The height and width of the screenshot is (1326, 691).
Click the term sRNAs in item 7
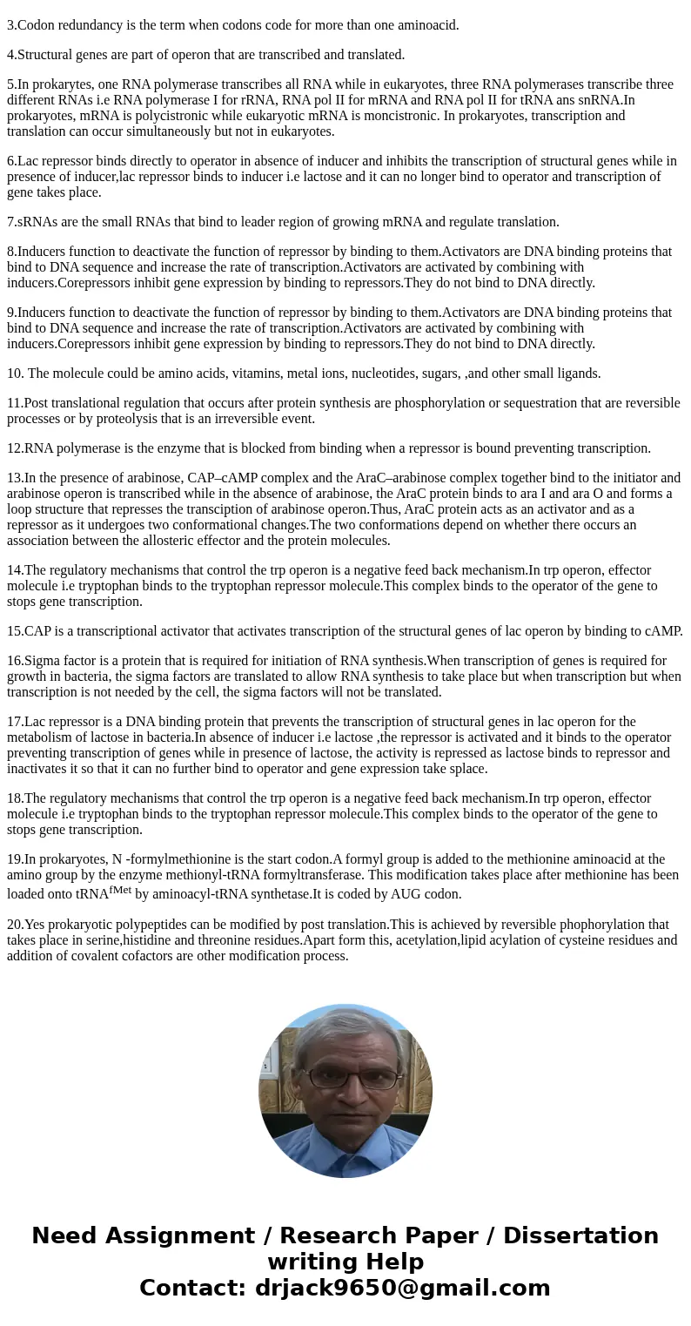click(36, 222)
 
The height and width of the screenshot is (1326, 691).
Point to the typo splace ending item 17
click(467, 769)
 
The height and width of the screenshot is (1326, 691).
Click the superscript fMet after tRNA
click(120, 890)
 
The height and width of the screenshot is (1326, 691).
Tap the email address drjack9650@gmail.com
click(402, 1289)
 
